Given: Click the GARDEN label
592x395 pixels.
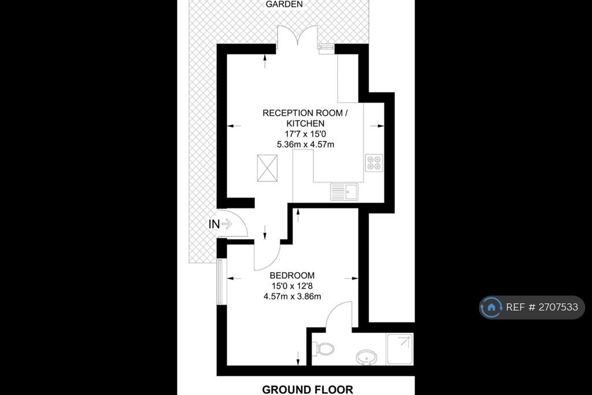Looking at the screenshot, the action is tap(284, 4).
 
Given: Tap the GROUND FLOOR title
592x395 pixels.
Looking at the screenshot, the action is tap(308, 389).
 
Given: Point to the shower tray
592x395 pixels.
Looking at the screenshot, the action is tap(399, 349).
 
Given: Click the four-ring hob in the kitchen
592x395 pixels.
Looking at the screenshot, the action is tap(374, 163).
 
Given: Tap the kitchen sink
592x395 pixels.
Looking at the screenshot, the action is tap(345, 192).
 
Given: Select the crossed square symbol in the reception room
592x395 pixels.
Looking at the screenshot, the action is tap(267, 168).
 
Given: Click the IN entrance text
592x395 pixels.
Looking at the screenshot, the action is tap(214, 224).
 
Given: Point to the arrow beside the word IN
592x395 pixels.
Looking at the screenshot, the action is tap(227, 224).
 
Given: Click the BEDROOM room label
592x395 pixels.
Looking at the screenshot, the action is tap(292, 276).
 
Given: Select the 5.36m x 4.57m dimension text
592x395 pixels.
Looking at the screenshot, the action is tap(305, 144).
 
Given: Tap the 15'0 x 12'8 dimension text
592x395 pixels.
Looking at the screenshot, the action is tap(292, 286).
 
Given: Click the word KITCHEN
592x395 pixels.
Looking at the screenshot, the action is tap(305, 123).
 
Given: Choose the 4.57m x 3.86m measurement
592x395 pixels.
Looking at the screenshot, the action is tap(292, 297).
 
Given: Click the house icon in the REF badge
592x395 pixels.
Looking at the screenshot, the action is tap(491, 307).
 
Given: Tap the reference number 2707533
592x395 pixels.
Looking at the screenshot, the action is tap(558, 307).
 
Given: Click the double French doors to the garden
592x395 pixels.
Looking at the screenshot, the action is tap(298, 37).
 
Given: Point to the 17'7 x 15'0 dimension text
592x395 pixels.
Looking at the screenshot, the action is tap(305, 134).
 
